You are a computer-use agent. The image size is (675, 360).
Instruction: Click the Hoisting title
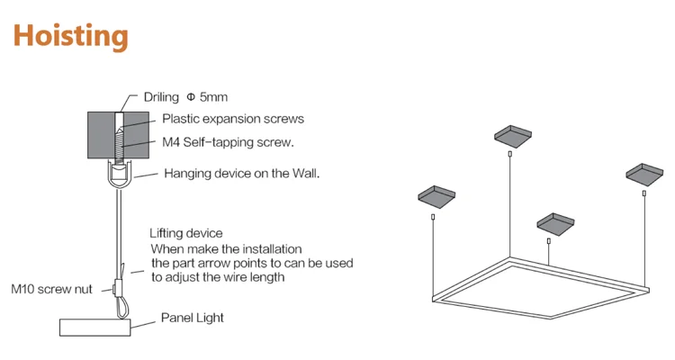70,36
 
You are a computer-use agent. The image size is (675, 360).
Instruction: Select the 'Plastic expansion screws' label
233,119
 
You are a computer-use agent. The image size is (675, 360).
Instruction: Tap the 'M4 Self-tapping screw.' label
229,142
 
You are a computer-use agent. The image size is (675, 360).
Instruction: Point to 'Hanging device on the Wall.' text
242,173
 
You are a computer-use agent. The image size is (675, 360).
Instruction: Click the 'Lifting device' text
185,234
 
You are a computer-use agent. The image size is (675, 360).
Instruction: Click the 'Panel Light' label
193,318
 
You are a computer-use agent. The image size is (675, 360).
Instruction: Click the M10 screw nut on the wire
120,289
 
